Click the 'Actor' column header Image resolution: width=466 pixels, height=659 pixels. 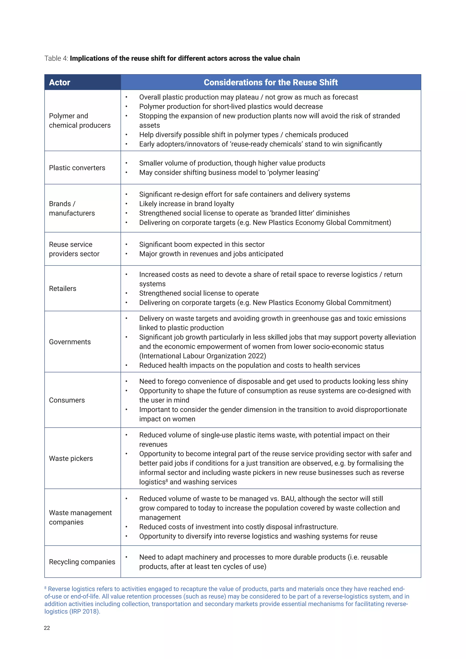pyautogui.click(x=59, y=82)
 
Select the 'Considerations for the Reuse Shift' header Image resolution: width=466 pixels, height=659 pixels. pyautogui.click(x=271, y=82)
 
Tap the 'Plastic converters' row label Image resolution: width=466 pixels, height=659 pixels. pyautogui.click(x=77, y=168)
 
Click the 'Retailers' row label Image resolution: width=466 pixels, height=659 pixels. pyautogui.click(x=63, y=289)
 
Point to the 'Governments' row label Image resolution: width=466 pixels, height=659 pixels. pyautogui.click(x=70, y=342)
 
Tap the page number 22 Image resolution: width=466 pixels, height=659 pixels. pyautogui.click(x=47, y=628)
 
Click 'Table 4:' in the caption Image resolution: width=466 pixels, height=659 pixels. pyautogui.click(x=56, y=58)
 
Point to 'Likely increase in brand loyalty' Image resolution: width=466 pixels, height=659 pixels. pyautogui.click(x=187, y=204)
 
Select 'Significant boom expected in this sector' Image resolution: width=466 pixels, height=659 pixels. pyautogui.click(x=202, y=245)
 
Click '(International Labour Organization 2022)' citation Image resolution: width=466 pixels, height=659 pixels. pyautogui.click(x=203, y=356)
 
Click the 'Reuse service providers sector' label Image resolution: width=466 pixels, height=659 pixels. pyautogui.click(x=74, y=249)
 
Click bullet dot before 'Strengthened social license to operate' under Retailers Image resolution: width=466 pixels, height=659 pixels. pyautogui.click(x=126, y=293)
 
